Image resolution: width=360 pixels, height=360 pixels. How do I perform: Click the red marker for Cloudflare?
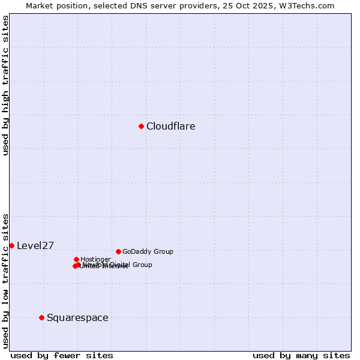[141, 126]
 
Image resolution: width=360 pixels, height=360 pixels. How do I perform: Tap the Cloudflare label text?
[170, 127]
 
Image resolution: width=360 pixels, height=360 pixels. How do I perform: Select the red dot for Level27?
[11, 245]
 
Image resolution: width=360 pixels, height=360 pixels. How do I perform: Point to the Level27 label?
[35, 245]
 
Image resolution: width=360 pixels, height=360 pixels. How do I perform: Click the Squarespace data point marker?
[41, 317]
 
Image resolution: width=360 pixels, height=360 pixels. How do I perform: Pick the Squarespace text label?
[77, 318]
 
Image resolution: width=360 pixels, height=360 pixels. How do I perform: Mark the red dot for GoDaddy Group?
[118, 251]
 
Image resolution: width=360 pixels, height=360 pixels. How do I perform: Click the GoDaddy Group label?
[148, 251]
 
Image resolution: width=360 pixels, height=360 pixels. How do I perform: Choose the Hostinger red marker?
[76, 259]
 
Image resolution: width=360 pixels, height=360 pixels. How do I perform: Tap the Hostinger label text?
[95, 259]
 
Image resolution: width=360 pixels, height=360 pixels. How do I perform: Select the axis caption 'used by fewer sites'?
[62, 355]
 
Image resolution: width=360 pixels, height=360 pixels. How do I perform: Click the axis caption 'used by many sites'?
[301, 355]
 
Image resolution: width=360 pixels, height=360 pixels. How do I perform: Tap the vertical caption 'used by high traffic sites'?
[6, 86]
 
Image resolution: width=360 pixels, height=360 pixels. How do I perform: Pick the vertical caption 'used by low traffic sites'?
[6, 281]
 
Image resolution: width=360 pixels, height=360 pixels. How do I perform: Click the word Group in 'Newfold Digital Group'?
[142, 265]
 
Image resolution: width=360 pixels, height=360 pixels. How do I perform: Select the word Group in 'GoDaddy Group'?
[163, 251]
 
